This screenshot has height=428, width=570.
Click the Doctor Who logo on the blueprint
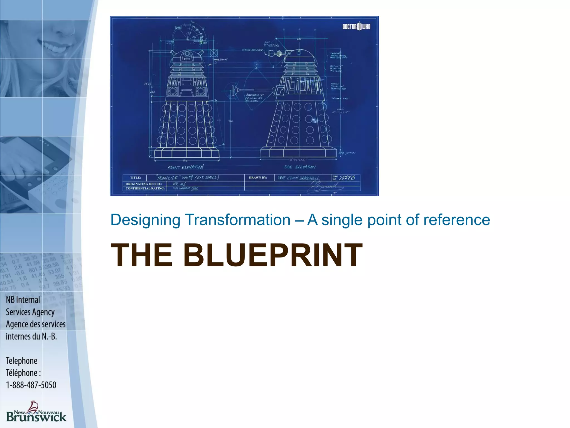(x=356, y=26)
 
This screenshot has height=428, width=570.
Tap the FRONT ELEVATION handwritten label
(x=185, y=167)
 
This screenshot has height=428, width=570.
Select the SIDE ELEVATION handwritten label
(x=300, y=167)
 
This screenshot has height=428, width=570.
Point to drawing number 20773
(x=347, y=178)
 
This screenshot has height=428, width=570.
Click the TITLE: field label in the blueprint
(x=136, y=178)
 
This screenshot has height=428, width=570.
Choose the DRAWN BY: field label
(x=258, y=178)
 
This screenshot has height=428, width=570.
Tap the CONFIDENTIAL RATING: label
(x=145, y=188)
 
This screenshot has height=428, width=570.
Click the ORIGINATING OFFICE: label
(x=144, y=184)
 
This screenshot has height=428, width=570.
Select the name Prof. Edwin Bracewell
(x=299, y=178)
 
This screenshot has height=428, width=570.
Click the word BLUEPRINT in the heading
(x=273, y=255)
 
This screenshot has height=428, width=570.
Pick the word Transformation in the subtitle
(x=238, y=220)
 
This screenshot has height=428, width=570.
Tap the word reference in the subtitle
(x=456, y=220)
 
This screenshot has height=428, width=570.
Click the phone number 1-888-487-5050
(x=31, y=385)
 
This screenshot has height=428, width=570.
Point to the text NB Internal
(x=23, y=300)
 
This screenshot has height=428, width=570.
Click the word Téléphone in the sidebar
(x=22, y=373)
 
